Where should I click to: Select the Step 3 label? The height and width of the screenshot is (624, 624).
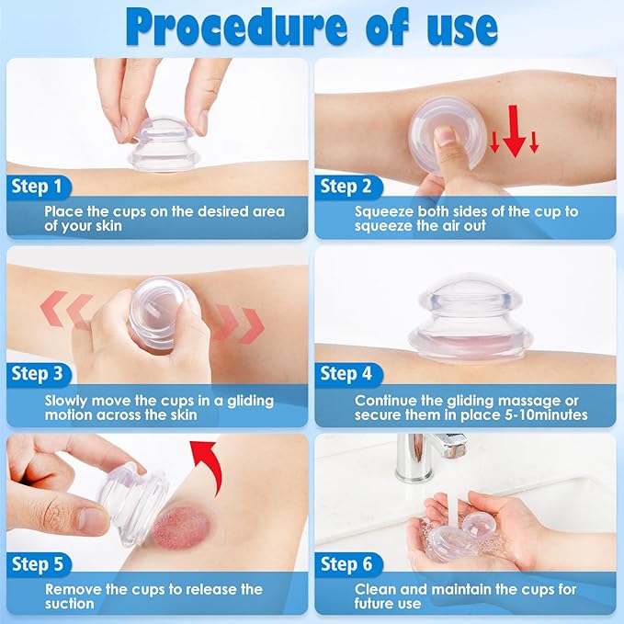point(41,374)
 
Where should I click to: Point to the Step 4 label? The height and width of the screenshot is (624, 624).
point(350,374)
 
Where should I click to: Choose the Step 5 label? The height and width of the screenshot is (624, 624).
point(41,562)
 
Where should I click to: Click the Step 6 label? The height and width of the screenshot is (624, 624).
point(350,562)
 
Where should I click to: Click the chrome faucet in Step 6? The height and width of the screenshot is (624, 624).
point(424,454)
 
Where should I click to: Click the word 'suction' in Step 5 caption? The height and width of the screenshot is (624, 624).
point(70,604)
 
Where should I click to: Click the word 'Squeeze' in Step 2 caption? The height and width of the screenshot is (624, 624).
point(386,211)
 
